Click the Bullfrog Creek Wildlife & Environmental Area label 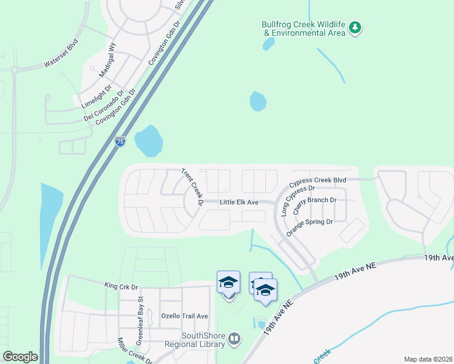[x=303, y=29]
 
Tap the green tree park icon [x=356, y=27]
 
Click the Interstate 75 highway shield [x=120, y=141]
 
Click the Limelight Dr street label [x=97, y=96]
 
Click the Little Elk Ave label [x=239, y=202]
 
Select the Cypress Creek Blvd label [x=317, y=181]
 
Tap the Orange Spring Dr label [x=310, y=223]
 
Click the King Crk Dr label [x=121, y=285]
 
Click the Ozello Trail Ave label [x=185, y=316]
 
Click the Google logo [x=20, y=357]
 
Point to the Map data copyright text [x=427, y=359]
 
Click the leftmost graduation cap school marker [x=229, y=283]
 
